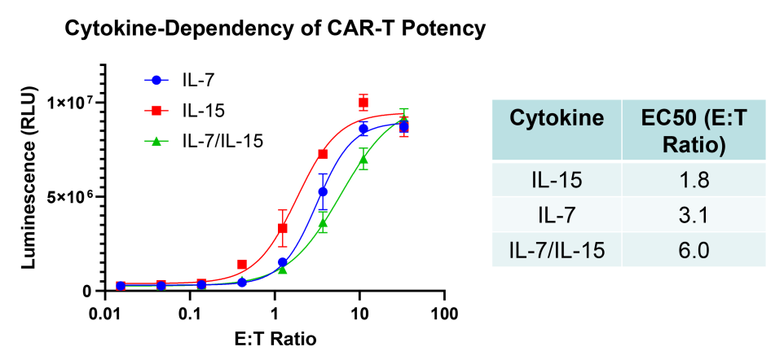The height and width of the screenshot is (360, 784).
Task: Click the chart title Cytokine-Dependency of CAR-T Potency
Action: point(275,29)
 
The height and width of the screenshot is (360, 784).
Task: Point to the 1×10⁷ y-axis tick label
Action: point(73,103)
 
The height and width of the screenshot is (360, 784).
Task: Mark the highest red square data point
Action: point(363,103)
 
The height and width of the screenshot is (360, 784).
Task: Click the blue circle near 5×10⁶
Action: point(323,192)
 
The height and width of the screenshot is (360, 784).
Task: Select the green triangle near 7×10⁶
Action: point(363,159)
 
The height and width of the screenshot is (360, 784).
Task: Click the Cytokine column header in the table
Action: point(557,119)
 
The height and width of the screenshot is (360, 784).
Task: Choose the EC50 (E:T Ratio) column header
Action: point(694,130)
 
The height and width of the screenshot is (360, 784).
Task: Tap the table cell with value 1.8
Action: point(694,179)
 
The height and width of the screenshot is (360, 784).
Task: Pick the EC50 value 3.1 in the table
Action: point(694,214)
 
